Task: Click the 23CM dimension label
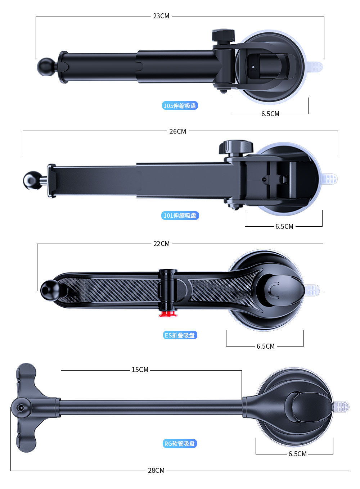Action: pyautogui.click(x=161, y=16)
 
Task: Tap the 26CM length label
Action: pyautogui.click(x=177, y=131)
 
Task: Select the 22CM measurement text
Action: pyautogui.click(x=161, y=244)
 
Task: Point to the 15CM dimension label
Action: pyautogui.click(x=140, y=370)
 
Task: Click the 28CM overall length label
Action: pyautogui.click(x=156, y=470)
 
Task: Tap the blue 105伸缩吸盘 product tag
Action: pyautogui.click(x=180, y=106)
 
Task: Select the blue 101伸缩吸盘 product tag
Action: pyautogui.click(x=180, y=216)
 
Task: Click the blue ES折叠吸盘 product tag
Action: pyautogui.click(x=180, y=335)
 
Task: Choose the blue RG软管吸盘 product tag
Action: pyautogui.click(x=180, y=444)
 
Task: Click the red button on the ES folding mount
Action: pyautogui.click(x=168, y=314)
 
